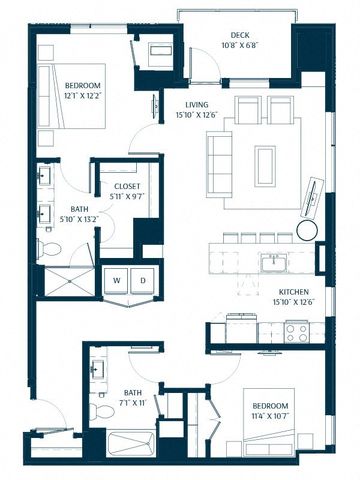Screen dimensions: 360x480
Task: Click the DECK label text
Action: point(240,35)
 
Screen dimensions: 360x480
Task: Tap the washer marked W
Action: point(116,280)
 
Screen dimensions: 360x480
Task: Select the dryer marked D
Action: point(143,280)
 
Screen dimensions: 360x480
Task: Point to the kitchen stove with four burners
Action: point(297,333)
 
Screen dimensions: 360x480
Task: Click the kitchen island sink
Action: point(274,263)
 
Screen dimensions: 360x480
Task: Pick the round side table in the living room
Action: point(307,230)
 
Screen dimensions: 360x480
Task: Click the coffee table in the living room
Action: point(265,166)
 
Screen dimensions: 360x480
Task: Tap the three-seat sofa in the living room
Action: point(219,165)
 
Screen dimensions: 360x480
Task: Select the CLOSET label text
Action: point(127,186)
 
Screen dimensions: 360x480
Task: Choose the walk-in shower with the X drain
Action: point(69,281)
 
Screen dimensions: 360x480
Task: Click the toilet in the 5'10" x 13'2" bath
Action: point(49,248)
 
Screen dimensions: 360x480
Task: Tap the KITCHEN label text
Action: point(294,292)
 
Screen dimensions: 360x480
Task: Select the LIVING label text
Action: point(197,105)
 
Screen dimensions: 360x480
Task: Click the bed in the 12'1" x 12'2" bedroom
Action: point(71,96)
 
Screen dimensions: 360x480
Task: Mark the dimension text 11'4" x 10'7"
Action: point(270,416)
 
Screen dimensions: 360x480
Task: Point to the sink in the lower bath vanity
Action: point(98,369)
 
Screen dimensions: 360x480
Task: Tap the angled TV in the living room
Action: point(312,197)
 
